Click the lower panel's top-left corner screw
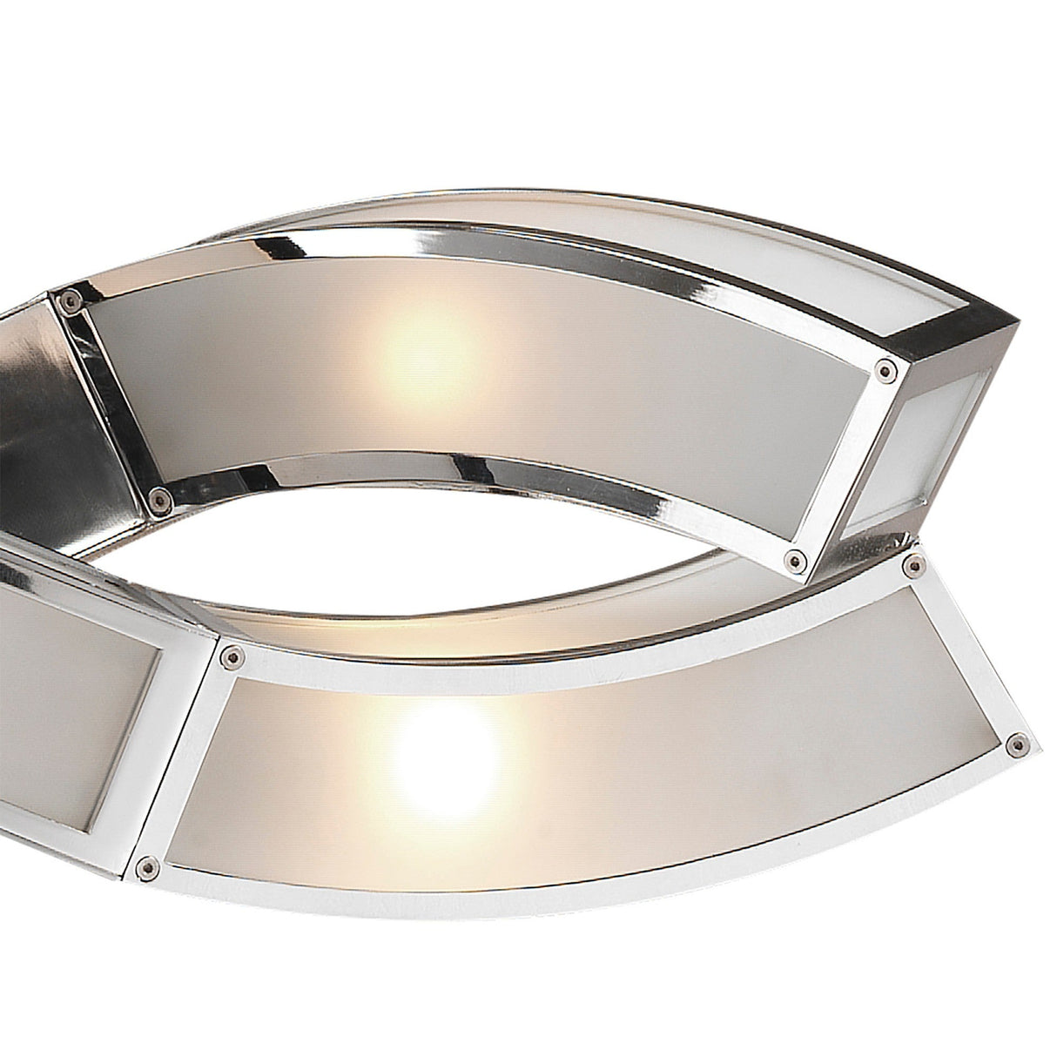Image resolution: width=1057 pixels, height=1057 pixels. [x=232, y=652]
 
